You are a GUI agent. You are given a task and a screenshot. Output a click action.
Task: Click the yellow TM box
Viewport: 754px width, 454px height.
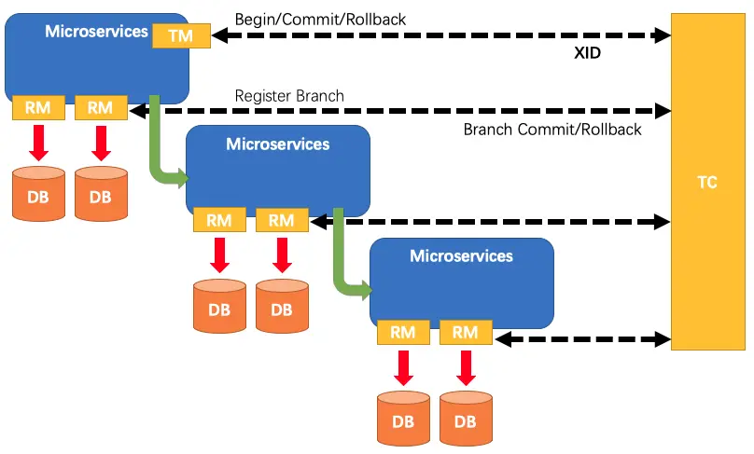tap(182, 34)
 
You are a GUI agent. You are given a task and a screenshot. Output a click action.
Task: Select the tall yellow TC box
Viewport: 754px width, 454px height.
tap(707, 182)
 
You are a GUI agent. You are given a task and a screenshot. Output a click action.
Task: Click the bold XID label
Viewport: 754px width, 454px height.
tap(587, 54)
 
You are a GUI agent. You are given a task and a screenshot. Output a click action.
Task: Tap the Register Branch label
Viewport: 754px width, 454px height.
tap(289, 95)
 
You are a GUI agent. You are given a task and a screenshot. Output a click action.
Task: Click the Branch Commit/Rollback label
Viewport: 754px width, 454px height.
tap(552, 130)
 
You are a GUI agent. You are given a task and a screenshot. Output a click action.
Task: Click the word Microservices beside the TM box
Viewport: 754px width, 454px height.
tap(96, 31)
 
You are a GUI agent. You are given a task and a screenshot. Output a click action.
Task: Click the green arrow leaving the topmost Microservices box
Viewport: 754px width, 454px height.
tap(158, 140)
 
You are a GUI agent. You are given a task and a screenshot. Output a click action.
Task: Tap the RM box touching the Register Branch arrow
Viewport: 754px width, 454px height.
tap(100, 107)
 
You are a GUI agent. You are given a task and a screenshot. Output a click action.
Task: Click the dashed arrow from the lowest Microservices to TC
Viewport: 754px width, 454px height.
tap(583, 338)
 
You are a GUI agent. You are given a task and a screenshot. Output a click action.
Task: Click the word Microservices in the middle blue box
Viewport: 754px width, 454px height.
tap(277, 144)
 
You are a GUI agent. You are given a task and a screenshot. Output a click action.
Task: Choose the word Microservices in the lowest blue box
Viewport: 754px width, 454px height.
tap(461, 255)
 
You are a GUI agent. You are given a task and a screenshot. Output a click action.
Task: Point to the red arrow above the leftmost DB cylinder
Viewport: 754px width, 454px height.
tap(38, 143)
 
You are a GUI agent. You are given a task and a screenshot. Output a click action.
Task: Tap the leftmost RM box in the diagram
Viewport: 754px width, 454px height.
tap(38, 107)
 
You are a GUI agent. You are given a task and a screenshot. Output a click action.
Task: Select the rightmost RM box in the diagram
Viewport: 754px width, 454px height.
tap(465, 331)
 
